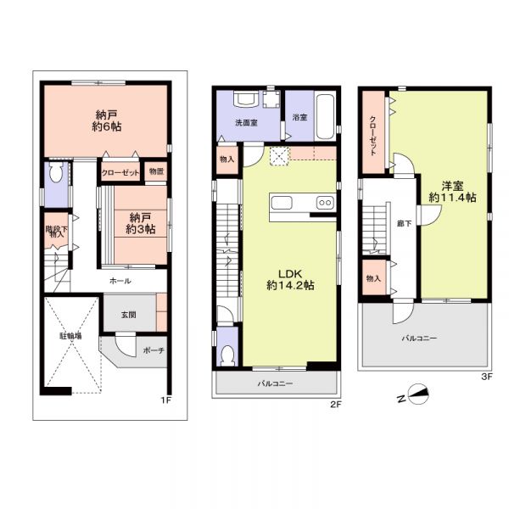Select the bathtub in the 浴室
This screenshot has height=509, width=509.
pos(325,117)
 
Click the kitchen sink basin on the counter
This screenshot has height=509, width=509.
pos(282,204)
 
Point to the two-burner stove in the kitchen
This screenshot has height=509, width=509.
pos(325,203)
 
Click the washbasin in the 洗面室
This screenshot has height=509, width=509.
pos(246,98)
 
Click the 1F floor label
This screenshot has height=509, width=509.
pos(165,400)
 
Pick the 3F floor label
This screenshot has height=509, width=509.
pos(487,377)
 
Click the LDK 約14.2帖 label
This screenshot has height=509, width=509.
pos(290,279)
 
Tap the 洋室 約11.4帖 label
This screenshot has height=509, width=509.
pos(452,192)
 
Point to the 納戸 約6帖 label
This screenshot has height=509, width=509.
pos(107,120)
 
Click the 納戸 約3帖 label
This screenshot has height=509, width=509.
pos(140,223)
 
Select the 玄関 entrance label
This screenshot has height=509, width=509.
pos(129,315)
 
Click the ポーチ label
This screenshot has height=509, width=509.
pos(154,350)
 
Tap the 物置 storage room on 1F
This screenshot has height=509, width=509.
pos(156,171)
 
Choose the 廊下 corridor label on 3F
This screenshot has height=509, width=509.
pos(405,223)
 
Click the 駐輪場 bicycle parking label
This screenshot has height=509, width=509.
pos(70,336)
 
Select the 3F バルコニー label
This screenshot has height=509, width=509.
pos(419,338)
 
